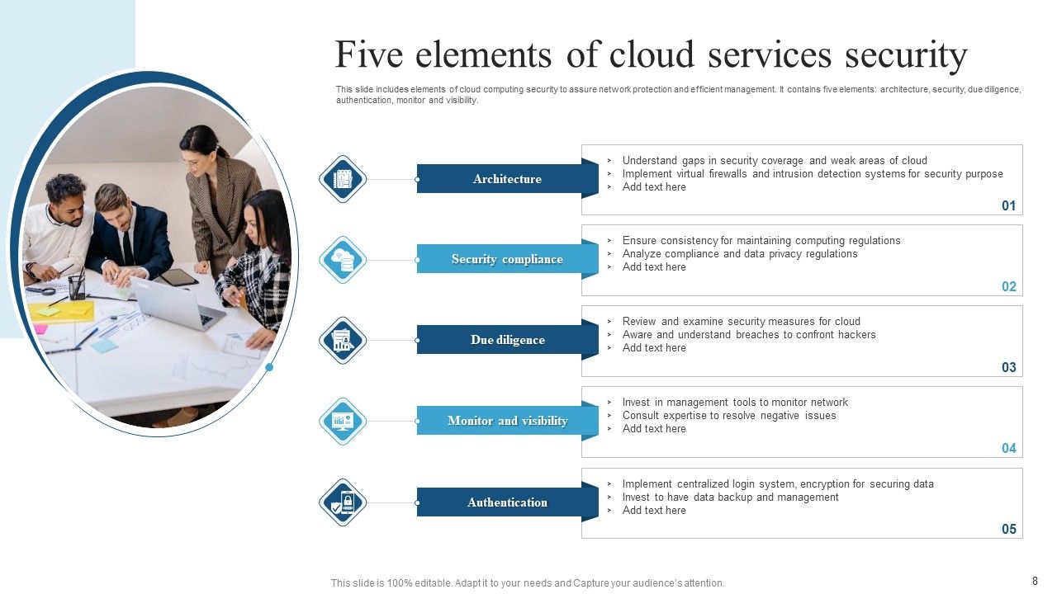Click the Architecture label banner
[507, 179]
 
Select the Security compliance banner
[507, 259]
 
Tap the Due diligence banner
[507, 340]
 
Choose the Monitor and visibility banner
[507, 421]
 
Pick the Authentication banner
[507, 502]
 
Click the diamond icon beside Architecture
[343, 179]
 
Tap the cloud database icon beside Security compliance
[343, 260]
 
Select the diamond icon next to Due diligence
[343, 340]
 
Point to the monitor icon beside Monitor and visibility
[343, 421]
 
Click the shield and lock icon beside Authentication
[343, 502]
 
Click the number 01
[1008, 206]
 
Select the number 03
[1008, 368]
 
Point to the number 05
[1008, 530]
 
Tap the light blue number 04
[1008, 449]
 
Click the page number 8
[1035, 581]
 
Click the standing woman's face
[192, 152]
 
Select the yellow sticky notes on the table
[62, 311]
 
